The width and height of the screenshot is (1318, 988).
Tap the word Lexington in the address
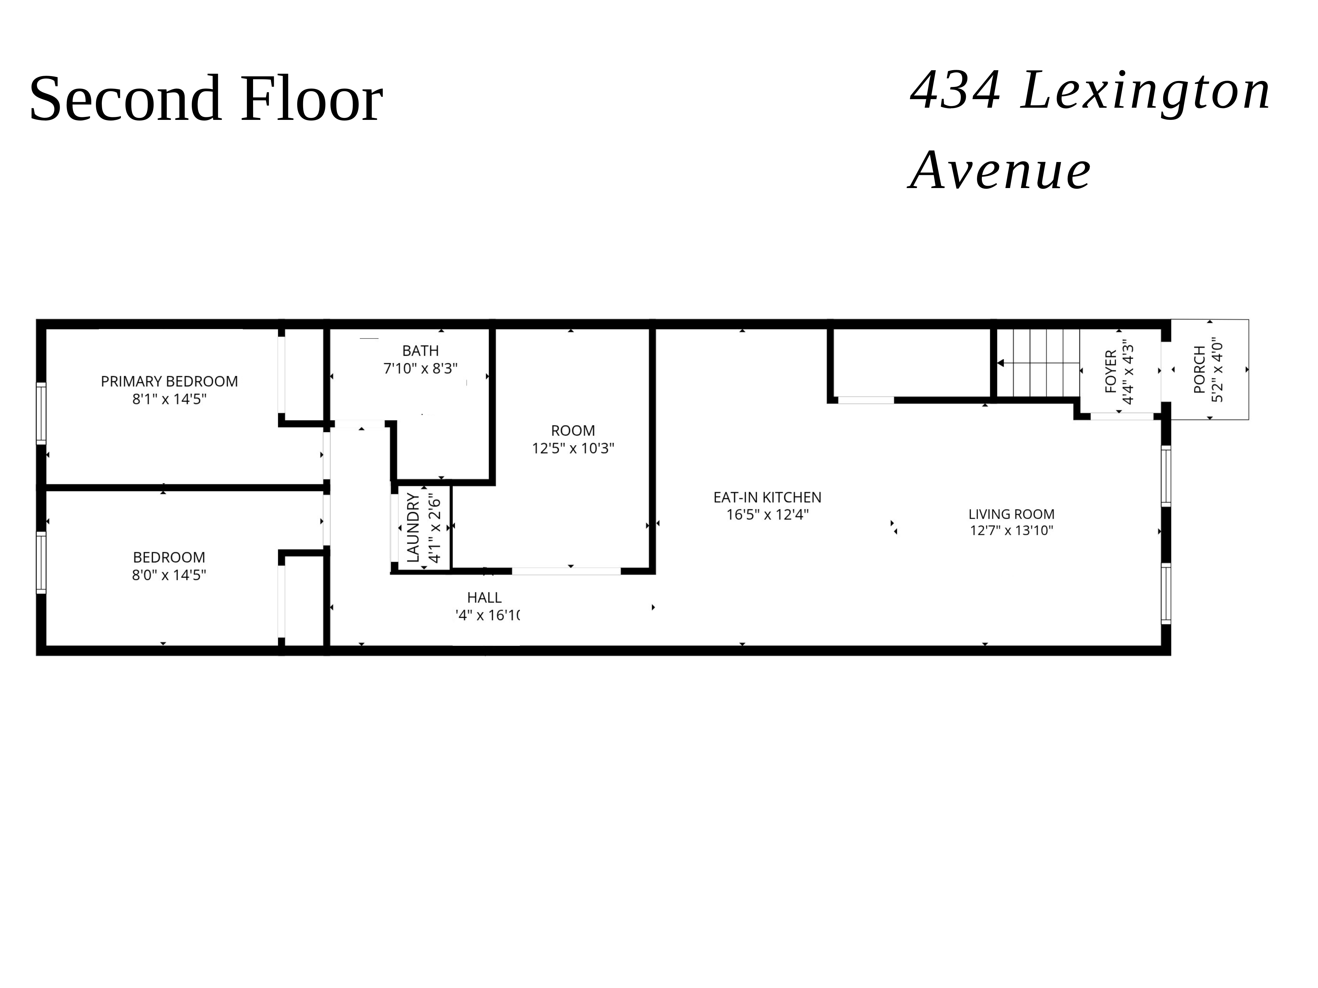click(x=1145, y=91)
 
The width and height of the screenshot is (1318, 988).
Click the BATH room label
click(x=420, y=351)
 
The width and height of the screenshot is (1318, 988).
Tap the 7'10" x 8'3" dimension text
click(x=420, y=369)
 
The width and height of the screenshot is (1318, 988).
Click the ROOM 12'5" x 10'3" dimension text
click(x=573, y=449)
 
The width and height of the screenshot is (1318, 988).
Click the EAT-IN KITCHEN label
click(x=767, y=497)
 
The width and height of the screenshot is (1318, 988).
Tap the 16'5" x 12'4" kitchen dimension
click(x=767, y=514)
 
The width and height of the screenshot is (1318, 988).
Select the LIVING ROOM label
click(x=1011, y=514)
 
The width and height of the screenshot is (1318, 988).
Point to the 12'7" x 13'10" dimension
click(x=1011, y=531)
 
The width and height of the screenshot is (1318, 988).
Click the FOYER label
click(x=1111, y=371)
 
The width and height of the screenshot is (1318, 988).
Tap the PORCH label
click(x=1199, y=370)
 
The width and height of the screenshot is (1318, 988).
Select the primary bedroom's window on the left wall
click(x=41, y=413)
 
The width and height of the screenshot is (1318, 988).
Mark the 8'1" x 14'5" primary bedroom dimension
click(x=169, y=399)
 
